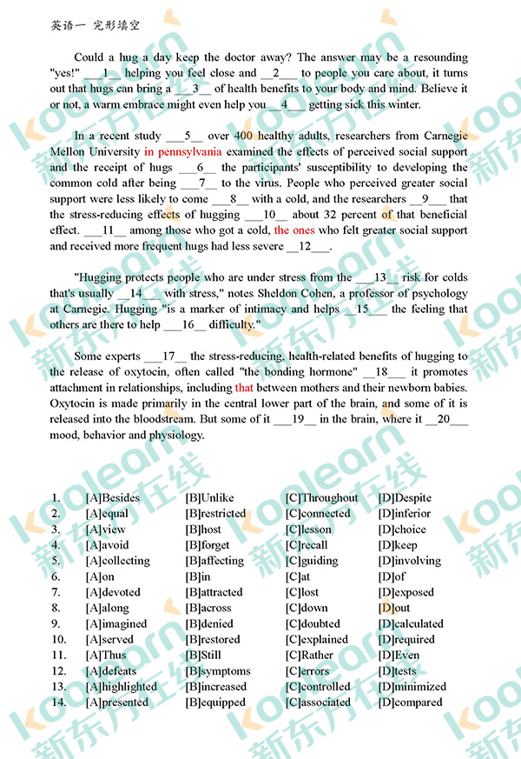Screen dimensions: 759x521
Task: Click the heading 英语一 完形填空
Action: (96, 26)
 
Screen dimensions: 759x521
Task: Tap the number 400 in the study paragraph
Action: (243, 136)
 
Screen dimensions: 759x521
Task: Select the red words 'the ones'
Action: (294, 230)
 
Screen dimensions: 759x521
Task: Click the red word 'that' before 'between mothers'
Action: (244, 388)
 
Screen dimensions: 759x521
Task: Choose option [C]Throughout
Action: (321, 498)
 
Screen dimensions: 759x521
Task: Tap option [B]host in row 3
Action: (203, 529)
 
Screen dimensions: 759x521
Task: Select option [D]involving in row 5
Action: (410, 561)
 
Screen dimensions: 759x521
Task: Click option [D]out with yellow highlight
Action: (394, 608)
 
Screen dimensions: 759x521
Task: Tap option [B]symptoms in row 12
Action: (218, 671)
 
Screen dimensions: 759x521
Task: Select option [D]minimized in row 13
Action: (412, 687)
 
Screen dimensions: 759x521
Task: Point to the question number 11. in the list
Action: (58, 656)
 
